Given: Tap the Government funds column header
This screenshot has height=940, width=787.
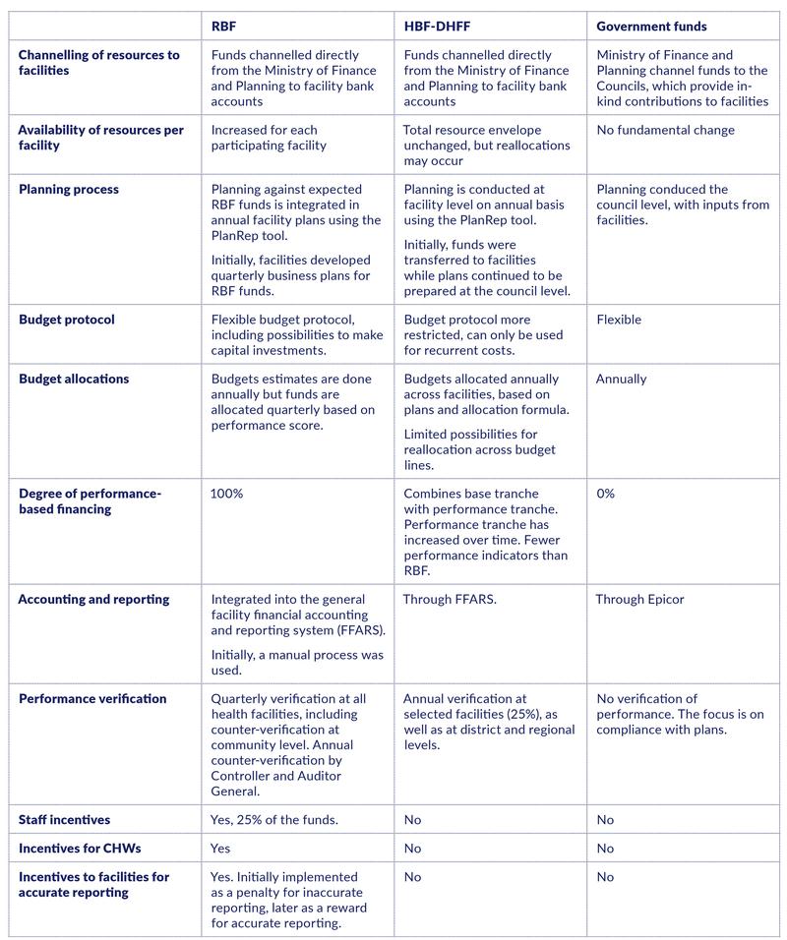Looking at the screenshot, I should (651, 27).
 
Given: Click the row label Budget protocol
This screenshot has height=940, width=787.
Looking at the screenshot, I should (66, 320).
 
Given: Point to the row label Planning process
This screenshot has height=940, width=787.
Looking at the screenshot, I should (70, 190).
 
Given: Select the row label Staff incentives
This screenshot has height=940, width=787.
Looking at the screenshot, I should (64, 819).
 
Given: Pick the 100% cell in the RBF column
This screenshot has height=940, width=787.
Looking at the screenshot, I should (226, 494).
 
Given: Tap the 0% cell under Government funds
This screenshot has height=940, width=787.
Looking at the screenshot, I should (605, 494).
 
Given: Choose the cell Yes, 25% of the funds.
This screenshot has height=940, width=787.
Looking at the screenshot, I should (275, 819).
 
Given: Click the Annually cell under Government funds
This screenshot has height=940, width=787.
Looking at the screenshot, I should (622, 379).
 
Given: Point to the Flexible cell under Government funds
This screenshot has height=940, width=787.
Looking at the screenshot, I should (619, 320).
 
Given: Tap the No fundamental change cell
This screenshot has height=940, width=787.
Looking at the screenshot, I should (665, 130).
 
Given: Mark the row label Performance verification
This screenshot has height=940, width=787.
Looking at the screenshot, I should (91, 699).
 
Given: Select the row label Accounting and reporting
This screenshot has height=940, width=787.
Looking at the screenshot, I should (93, 599).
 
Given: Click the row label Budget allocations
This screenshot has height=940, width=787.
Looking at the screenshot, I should (73, 379).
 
